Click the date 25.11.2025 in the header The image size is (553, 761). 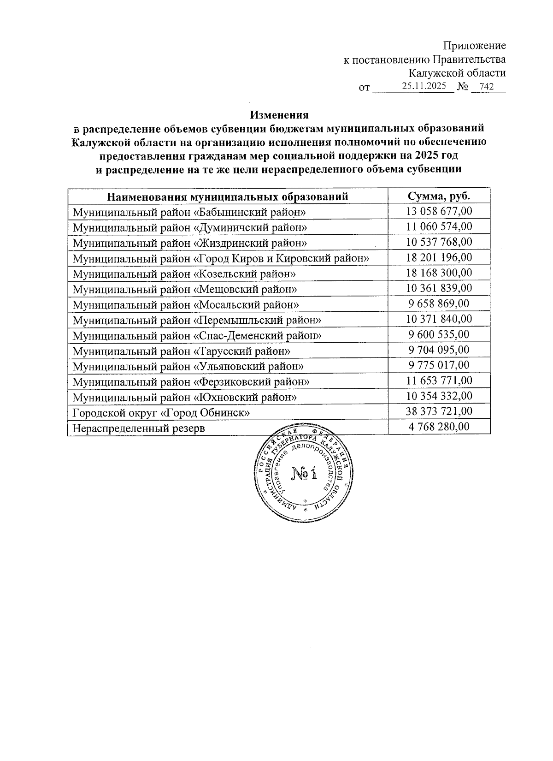tap(424, 86)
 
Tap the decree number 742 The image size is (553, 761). tap(486, 87)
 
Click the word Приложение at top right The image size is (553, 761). tap(474, 46)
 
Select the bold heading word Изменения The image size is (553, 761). tap(279, 114)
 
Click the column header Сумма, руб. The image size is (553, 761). tap(439, 196)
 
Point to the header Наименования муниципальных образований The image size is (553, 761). tap(228, 197)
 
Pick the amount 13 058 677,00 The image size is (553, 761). tap(439, 211)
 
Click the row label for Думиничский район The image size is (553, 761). tap(190, 227)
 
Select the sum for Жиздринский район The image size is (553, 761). tap(439, 242)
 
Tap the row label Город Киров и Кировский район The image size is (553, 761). tap(221, 258)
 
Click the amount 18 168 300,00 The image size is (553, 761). tap(439, 273)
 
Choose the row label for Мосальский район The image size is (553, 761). tap(186, 304)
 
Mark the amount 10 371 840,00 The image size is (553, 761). tap(439, 319)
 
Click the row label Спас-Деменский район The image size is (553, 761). tap(197, 335)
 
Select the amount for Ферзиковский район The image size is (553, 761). tap(439, 380)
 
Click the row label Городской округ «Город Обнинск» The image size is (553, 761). tap(161, 412)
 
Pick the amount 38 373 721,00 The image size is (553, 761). tap(439, 411)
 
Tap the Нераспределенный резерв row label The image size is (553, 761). tap(139, 428)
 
